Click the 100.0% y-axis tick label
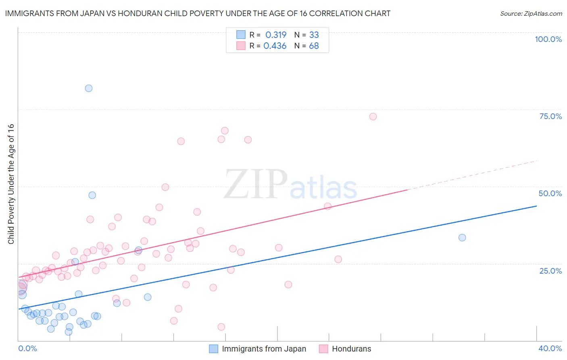[548, 39]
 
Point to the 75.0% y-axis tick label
[550, 116]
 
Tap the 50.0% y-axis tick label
[550, 193]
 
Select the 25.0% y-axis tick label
[550, 271]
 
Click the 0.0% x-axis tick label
[27, 348]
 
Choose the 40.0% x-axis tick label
[550, 348]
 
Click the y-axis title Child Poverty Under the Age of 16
[11, 184]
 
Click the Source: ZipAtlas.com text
[531, 14]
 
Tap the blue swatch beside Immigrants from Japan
[213, 349]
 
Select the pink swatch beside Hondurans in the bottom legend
[323, 349]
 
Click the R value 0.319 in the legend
[276, 35]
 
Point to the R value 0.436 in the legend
[275, 46]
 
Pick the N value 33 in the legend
[314, 35]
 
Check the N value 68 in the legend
[314, 46]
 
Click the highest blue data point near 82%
[89, 88]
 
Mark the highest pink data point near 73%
[373, 117]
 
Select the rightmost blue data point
[462, 238]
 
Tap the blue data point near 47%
[92, 195]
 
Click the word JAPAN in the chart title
[92, 14]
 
